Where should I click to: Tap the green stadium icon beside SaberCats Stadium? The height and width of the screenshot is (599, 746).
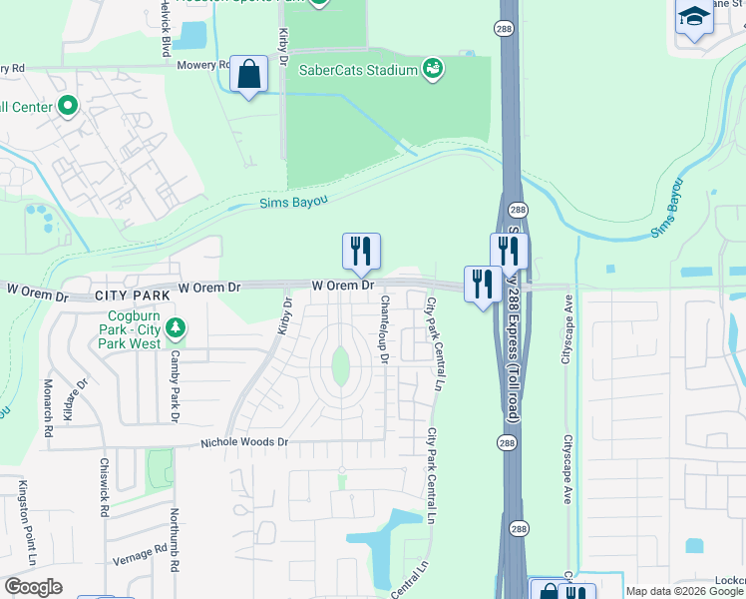coord(433,69)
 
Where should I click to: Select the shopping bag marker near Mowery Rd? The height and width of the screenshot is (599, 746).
coord(248,74)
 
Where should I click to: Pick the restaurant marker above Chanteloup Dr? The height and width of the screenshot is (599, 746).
coord(361,252)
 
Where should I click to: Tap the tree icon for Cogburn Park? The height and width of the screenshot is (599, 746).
coord(176,327)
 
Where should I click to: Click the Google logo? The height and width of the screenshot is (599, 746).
coord(33,587)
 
